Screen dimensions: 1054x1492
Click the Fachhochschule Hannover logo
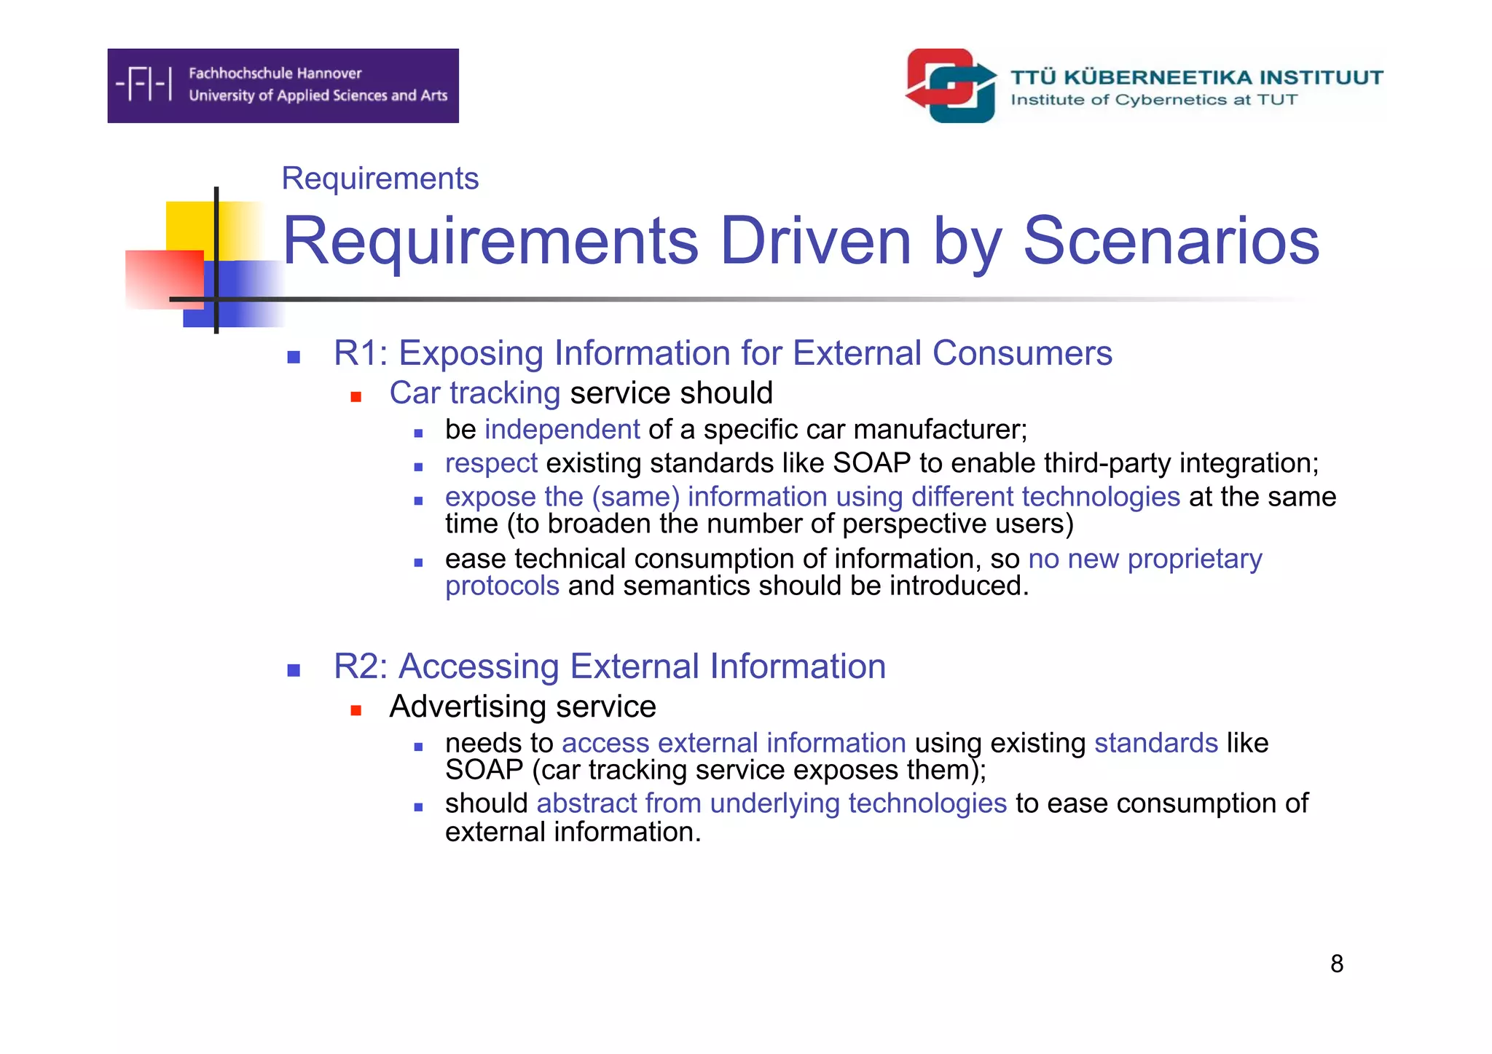tap(283, 85)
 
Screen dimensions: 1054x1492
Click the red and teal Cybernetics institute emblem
tap(951, 85)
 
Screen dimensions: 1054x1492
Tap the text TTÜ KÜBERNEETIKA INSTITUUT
tap(1196, 77)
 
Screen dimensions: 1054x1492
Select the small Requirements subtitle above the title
tap(380, 178)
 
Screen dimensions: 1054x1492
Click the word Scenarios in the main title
tap(1171, 241)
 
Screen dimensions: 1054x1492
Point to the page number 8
tap(1336, 964)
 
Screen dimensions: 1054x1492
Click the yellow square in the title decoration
tap(191, 226)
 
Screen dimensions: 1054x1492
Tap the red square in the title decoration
tap(164, 279)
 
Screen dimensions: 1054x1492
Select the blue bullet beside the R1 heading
tap(294, 357)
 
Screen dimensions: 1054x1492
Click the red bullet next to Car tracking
tap(356, 397)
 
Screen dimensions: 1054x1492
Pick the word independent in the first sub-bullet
tap(562, 430)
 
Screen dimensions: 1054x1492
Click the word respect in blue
tap(491, 463)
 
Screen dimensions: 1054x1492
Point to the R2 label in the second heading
tap(360, 666)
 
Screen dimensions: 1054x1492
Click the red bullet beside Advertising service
tap(356, 710)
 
